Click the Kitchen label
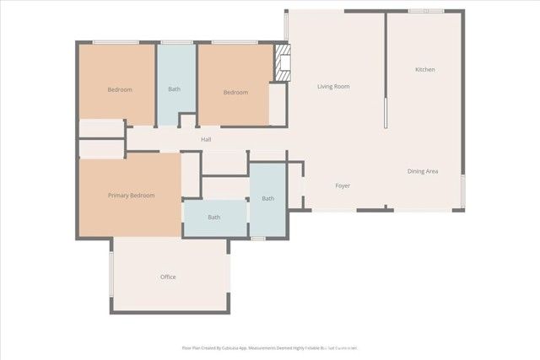(424, 69)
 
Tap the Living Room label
(333, 86)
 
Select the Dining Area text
(423, 171)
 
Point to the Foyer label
(343, 185)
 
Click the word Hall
(206, 139)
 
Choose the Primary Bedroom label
(131, 196)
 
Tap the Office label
(168, 277)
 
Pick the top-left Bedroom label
(119, 89)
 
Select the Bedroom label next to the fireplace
(235, 92)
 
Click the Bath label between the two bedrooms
(174, 89)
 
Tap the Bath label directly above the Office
(214, 217)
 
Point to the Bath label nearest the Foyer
(267, 199)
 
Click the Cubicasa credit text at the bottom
(270, 347)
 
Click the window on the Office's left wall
(111, 273)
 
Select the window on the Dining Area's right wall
(462, 191)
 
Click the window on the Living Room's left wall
(287, 25)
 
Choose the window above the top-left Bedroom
(116, 42)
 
